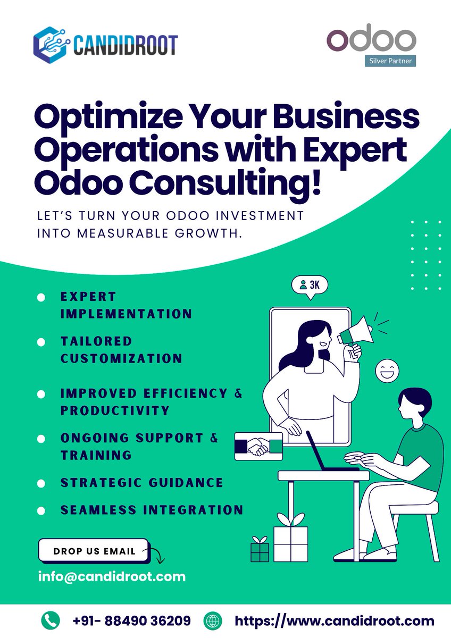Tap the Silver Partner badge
click(392, 61)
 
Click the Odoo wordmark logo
click(371, 40)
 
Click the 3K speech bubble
click(310, 286)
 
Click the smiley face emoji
click(387, 370)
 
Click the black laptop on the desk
click(327, 455)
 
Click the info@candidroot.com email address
click(112, 576)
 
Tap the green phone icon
click(51, 620)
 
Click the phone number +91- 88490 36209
click(132, 620)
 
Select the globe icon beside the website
click(213, 620)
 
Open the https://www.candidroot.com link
click(335, 620)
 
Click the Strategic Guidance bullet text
click(141, 483)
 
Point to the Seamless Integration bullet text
click(152, 510)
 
